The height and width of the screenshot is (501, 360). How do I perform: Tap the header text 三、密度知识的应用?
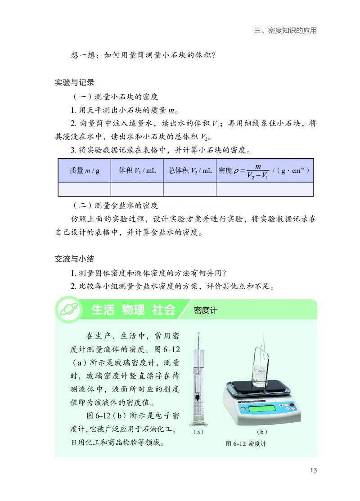pos(285,31)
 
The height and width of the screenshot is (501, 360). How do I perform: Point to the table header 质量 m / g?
pos(84,171)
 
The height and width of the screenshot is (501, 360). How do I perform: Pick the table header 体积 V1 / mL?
pos(137,171)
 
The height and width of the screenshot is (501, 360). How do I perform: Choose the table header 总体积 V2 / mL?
pos(190,171)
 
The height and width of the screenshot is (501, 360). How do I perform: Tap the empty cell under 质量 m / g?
pos(84,189)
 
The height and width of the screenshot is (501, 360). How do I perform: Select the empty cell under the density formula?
pos(265,189)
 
